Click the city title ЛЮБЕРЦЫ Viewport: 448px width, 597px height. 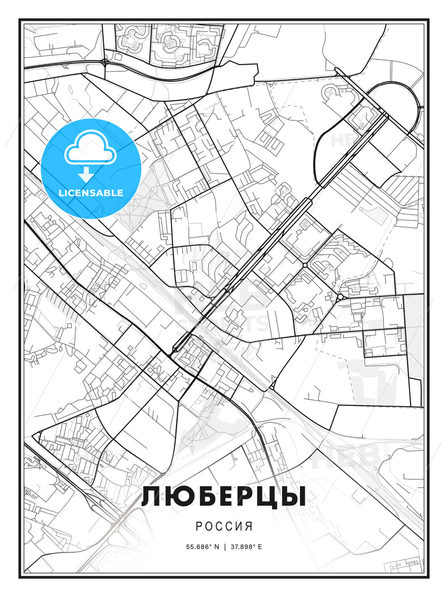[224, 497]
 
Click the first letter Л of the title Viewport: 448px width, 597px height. [152, 497]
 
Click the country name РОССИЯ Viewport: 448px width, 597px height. [224, 527]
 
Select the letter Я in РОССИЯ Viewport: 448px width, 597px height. [249, 527]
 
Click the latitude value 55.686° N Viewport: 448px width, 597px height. [202, 547]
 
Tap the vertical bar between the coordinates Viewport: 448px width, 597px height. [224, 547]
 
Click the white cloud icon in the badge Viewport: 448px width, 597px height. [90, 148]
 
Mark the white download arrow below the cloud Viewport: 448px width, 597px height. [86, 175]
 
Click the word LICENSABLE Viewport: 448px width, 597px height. [91, 193]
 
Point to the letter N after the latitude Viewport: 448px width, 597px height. [216, 547]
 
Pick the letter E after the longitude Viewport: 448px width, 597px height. [260, 547]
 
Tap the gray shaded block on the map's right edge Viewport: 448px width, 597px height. [414, 332]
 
